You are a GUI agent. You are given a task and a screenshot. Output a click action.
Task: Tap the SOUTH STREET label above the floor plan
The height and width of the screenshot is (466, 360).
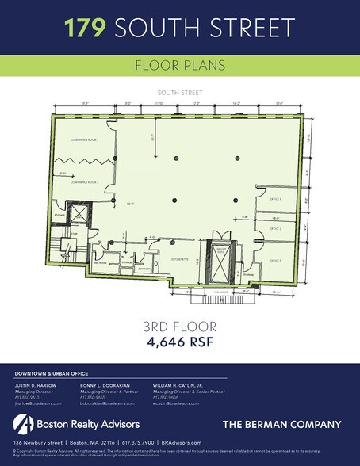coord(179,93)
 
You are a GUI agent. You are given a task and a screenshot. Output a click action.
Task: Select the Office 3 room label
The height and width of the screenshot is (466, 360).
coord(276,199)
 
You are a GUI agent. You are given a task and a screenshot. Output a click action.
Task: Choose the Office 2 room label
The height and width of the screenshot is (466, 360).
coord(276,228)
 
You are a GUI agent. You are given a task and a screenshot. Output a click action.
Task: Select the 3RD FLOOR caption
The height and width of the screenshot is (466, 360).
coord(180,326)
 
